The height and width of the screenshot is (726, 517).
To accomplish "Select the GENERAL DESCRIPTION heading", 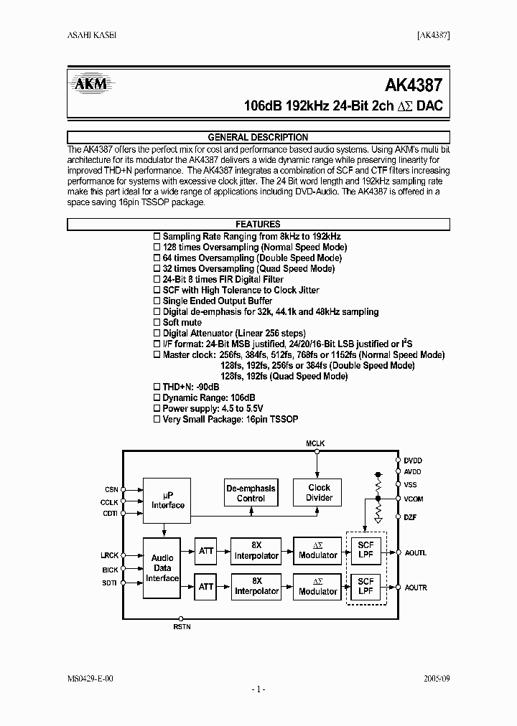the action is pos(258,137).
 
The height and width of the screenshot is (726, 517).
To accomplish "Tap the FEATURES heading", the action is pos(258,225).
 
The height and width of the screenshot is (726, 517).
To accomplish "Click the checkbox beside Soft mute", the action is pos(157,323).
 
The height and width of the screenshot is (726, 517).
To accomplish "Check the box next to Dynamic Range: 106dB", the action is pos(157,397).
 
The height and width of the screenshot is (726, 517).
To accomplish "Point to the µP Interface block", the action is pos(168,500).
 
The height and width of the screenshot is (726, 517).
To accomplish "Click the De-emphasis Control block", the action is pos(251,493).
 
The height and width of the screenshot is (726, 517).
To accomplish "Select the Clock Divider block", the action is pos(319,493).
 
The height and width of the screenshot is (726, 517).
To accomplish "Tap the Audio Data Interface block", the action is pos(162,568).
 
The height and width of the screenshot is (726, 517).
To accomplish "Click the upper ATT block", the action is pos(206,551).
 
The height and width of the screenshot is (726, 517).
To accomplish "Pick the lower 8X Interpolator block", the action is pos(256,586).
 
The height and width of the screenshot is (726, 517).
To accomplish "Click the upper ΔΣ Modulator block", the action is pos(318,551).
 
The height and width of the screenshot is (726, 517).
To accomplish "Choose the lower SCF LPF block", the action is pos(365,586).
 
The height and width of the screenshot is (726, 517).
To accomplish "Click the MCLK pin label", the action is pos(316,443).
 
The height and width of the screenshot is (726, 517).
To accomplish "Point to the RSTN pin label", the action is pos(182,627).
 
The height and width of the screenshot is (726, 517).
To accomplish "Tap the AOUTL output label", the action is pos(416,552).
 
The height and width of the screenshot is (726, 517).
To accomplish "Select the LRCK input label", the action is pos(110,555).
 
